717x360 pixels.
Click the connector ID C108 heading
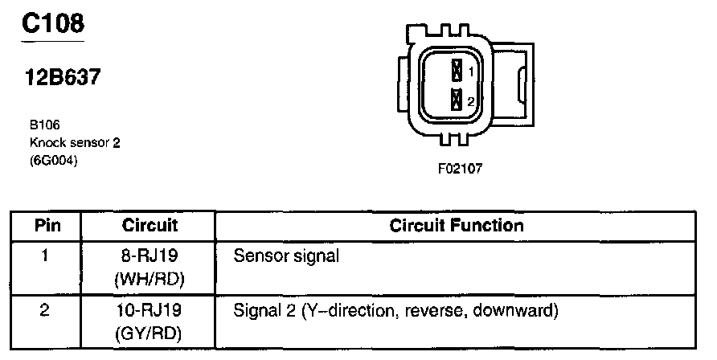click(53, 23)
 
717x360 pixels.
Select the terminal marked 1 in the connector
click(457, 71)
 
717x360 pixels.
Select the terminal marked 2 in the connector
click(457, 100)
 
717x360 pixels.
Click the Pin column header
click(46, 226)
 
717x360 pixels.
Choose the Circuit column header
click(150, 226)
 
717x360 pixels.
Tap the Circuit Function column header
click(457, 226)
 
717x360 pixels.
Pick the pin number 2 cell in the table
click(46, 309)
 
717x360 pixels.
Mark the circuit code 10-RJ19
click(150, 309)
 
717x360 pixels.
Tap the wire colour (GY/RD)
click(150, 329)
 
